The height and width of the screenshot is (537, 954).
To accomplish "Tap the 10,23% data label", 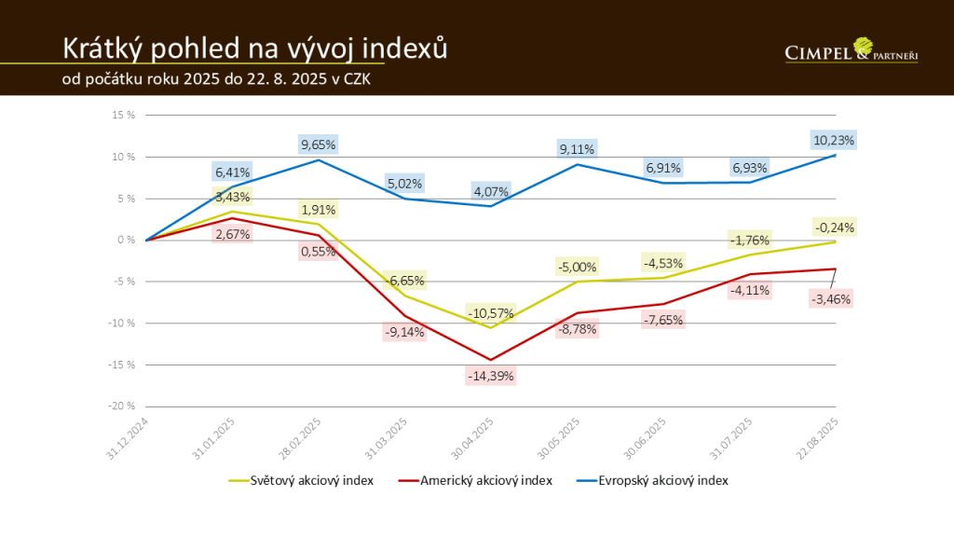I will click(x=833, y=141).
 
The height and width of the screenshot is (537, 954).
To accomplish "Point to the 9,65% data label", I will click(x=319, y=145).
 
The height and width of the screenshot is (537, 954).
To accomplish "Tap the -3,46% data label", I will click(x=830, y=299).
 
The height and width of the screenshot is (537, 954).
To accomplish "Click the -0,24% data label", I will click(x=833, y=227).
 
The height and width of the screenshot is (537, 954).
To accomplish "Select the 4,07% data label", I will click(x=491, y=193).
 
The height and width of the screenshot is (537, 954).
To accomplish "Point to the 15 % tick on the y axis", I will click(x=124, y=116).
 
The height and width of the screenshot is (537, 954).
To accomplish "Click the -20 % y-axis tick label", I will click(x=121, y=406).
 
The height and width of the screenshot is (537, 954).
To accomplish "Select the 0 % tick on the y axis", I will click(x=127, y=240).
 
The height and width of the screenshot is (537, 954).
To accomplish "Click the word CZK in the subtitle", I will click(x=359, y=80).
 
